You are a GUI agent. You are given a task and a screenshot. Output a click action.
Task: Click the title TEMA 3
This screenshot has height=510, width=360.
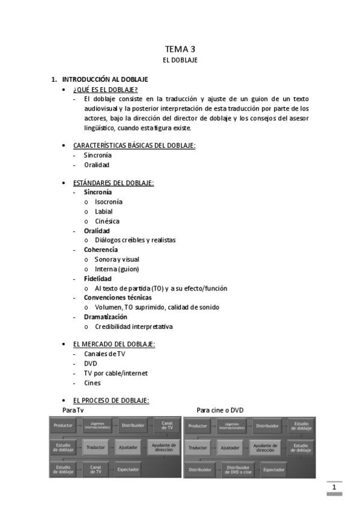(x=180, y=49)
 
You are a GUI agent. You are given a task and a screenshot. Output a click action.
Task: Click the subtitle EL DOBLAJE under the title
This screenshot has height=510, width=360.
(x=180, y=60)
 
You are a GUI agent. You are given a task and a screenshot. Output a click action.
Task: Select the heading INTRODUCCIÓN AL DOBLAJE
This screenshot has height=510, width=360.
(x=105, y=79)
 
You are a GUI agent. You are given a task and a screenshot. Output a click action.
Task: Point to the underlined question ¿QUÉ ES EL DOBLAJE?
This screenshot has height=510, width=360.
(x=106, y=90)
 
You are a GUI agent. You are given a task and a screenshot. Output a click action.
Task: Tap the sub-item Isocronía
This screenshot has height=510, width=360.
(x=109, y=201)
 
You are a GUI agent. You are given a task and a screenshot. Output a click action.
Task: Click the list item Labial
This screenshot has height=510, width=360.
(x=104, y=211)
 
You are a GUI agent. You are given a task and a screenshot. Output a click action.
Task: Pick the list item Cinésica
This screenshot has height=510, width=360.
(x=107, y=221)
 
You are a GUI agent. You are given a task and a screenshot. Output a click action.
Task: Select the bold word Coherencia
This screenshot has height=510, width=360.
(x=101, y=250)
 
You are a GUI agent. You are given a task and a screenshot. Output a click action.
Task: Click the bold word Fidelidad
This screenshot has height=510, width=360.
(x=97, y=278)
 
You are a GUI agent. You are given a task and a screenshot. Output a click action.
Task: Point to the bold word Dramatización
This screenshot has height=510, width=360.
(x=106, y=317)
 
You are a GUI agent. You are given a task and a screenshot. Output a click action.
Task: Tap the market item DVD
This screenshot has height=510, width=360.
(x=90, y=363)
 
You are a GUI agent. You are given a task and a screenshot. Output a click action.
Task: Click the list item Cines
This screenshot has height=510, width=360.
(x=93, y=382)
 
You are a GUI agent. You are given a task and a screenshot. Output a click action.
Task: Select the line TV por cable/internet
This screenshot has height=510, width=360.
(x=116, y=373)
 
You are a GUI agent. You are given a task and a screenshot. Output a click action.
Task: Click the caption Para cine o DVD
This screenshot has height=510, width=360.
(x=220, y=410)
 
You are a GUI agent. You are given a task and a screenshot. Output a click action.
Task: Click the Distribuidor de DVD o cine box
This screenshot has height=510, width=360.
(x=237, y=470)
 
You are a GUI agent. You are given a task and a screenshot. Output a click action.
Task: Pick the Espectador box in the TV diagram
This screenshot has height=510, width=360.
(x=127, y=469)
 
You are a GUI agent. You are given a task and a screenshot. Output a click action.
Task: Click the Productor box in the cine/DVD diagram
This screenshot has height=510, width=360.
(x=198, y=426)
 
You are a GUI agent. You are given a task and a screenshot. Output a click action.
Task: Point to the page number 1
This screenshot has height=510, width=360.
(x=334, y=486)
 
